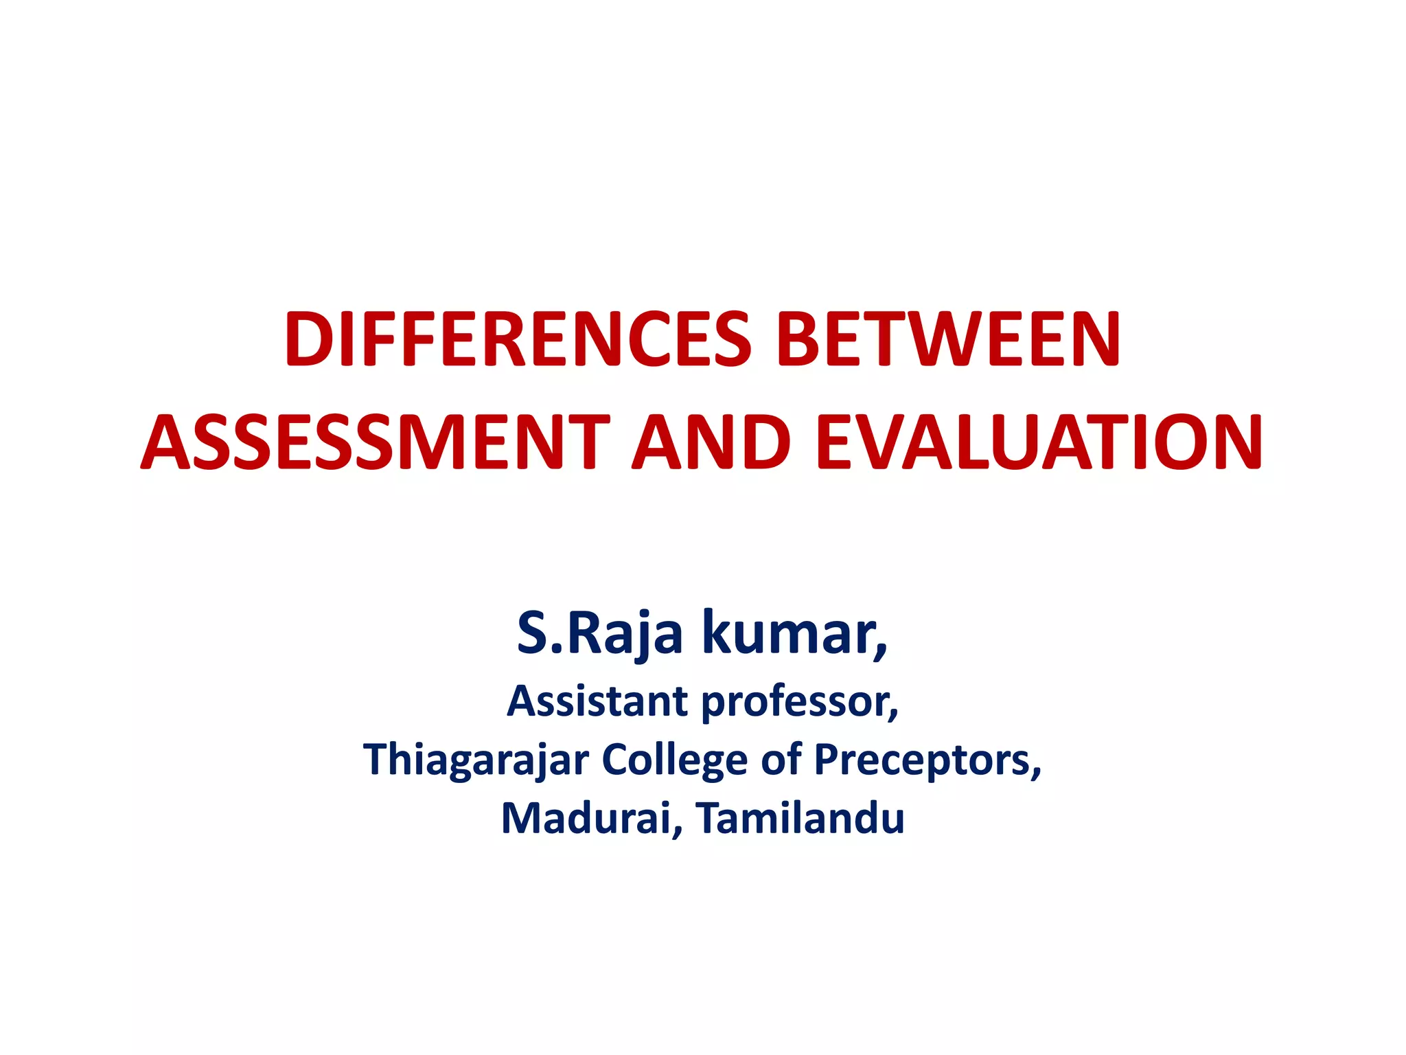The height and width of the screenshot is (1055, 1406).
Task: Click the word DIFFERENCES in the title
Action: point(518,340)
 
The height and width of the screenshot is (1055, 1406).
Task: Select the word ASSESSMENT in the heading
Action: point(376,443)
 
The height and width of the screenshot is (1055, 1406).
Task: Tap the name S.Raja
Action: point(599,633)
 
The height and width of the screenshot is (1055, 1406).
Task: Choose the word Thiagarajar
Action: point(476,760)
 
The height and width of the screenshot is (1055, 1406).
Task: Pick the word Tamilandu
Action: point(800,819)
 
